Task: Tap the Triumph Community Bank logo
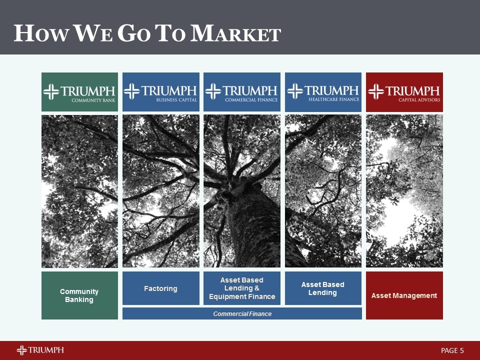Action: pyautogui.click(x=79, y=92)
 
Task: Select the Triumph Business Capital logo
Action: pyautogui.click(x=160, y=92)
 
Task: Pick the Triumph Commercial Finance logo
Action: pyautogui.click(x=242, y=92)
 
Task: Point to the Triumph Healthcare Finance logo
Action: pyautogui.click(x=323, y=92)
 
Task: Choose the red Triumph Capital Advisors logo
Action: pyautogui.click(x=404, y=92)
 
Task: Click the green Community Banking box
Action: pyautogui.click(x=79, y=295)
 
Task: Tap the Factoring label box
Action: pyautogui.click(x=160, y=288)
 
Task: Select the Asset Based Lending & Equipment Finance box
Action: pyautogui.click(x=242, y=288)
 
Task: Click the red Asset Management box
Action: pyautogui.click(x=404, y=295)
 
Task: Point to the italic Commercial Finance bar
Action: pyautogui.click(x=242, y=313)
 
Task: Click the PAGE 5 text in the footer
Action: pyautogui.click(x=452, y=350)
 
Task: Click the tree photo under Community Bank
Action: pyautogui.click(x=79, y=191)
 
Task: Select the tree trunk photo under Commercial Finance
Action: pyautogui.click(x=242, y=191)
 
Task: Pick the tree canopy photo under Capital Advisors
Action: pyautogui.click(x=404, y=191)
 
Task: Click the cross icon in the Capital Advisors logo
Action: pyautogui.click(x=376, y=91)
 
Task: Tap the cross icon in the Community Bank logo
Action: pyautogui.click(x=51, y=91)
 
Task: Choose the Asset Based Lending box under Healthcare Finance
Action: pyautogui.click(x=323, y=288)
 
